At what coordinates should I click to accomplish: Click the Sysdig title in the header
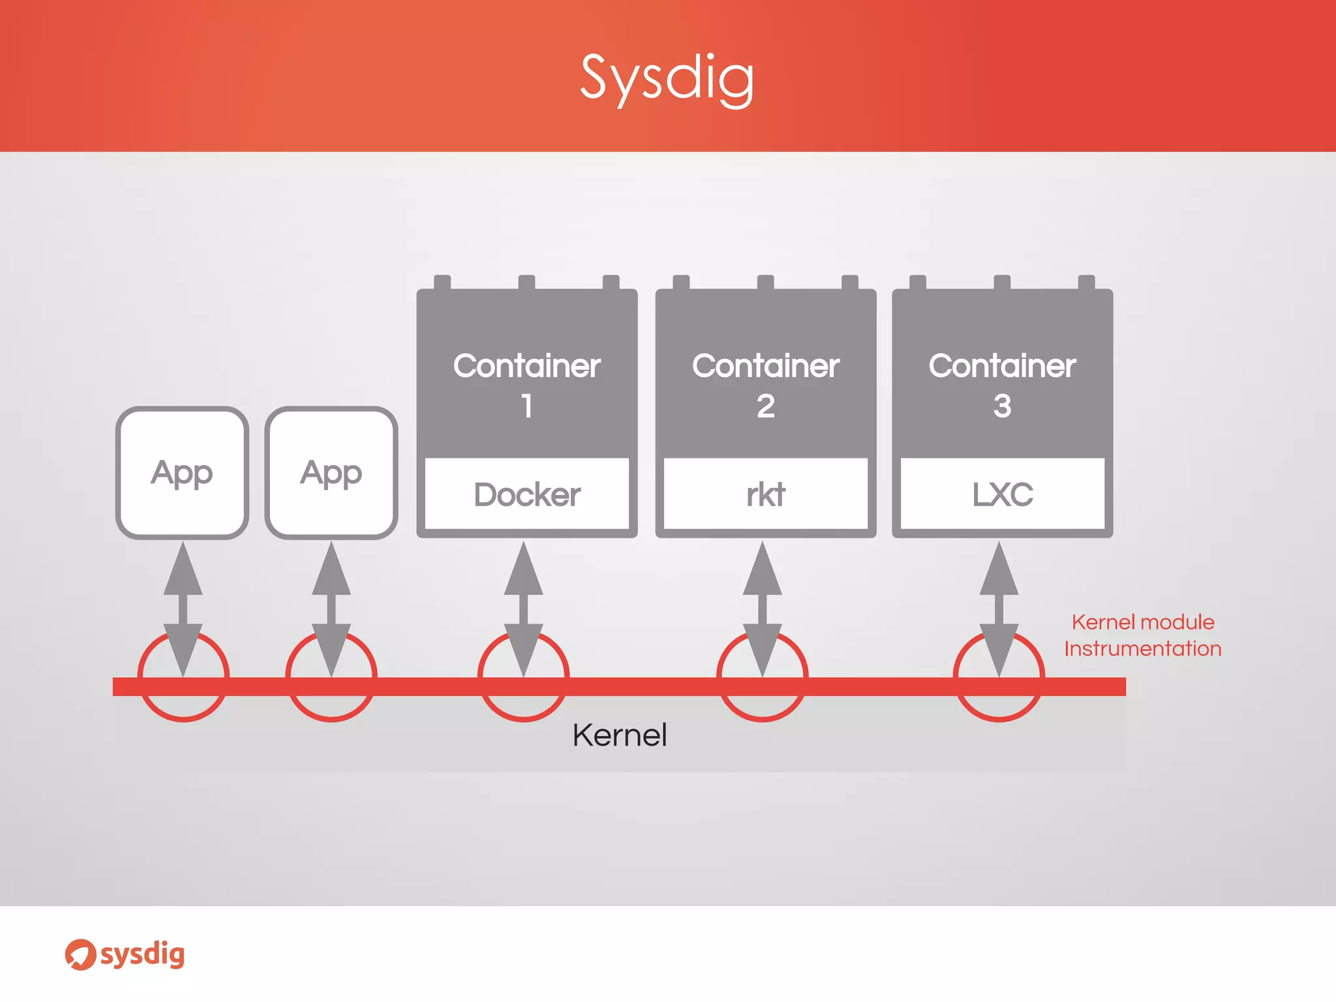pyautogui.click(x=667, y=78)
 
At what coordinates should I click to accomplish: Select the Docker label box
pyautogui.click(x=527, y=494)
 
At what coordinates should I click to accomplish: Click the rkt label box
pyautogui.click(x=766, y=494)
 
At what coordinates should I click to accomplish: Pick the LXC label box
pyautogui.click(x=1003, y=494)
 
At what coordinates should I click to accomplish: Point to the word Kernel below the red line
pyautogui.click(x=620, y=735)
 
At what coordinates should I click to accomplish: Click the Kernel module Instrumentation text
pyautogui.click(x=1143, y=635)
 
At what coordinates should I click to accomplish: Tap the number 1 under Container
pyautogui.click(x=527, y=406)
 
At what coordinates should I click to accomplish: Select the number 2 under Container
pyautogui.click(x=766, y=406)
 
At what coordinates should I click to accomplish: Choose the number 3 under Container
pyautogui.click(x=1003, y=406)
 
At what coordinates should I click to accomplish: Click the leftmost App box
pyautogui.click(x=182, y=473)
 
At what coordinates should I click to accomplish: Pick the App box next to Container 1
pyautogui.click(x=331, y=473)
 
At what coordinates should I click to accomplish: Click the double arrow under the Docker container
pyautogui.click(x=524, y=608)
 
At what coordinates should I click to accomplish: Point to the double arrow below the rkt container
pyautogui.click(x=763, y=608)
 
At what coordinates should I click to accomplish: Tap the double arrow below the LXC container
pyautogui.click(x=999, y=608)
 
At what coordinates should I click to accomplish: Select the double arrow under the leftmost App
pyautogui.click(x=183, y=608)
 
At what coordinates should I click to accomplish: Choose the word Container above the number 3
pyautogui.click(x=1003, y=366)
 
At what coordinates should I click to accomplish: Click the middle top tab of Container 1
pyautogui.click(x=526, y=282)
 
